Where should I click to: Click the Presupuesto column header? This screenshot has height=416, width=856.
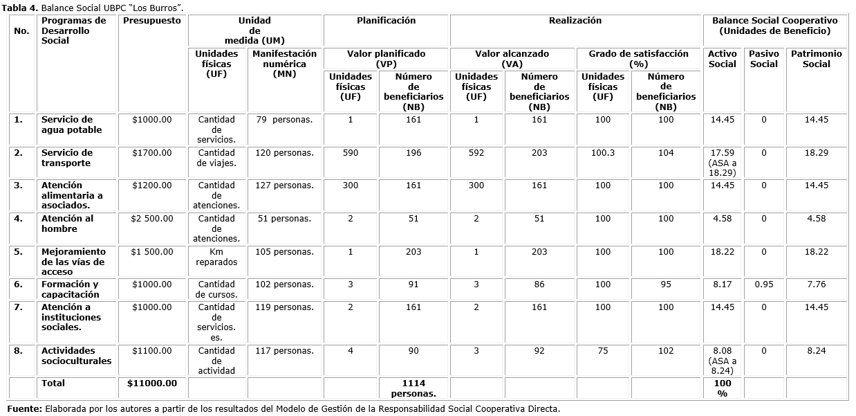click(151, 21)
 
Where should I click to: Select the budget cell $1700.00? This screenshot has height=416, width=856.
click(151, 153)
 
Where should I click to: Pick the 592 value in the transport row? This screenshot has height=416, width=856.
click(476, 153)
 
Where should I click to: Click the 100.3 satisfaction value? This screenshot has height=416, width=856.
click(603, 153)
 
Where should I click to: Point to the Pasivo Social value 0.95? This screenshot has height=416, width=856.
click(764, 284)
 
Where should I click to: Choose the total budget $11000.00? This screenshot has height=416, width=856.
click(152, 383)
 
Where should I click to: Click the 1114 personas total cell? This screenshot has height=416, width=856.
click(413, 388)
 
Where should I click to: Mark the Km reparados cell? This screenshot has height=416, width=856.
click(216, 257)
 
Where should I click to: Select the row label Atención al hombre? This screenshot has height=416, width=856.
click(67, 224)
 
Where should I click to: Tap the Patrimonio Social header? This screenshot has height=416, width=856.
click(817, 59)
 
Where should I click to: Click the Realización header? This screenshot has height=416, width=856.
click(575, 21)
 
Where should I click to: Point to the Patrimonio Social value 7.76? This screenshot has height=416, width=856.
click(817, 284)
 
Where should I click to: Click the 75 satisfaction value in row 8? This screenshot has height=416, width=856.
click(603, 351)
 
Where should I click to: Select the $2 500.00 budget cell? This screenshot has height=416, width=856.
click(151, 219)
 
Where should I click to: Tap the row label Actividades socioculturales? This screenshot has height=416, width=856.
click(76, 356)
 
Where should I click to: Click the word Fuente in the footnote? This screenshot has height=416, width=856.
click(25, 408)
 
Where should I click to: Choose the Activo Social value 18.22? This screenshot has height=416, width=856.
click(723, 252)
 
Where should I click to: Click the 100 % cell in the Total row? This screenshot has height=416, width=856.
click(723, 388)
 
